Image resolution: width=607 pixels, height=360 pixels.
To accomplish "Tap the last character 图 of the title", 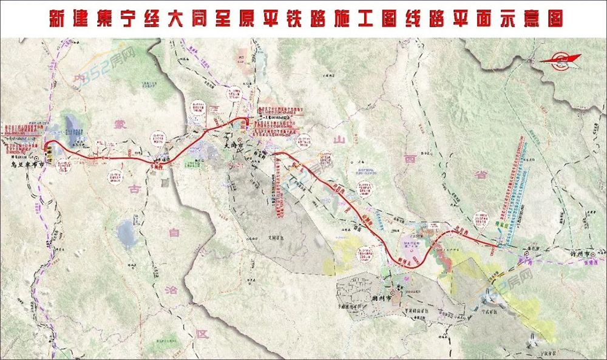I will (x=554, y=18).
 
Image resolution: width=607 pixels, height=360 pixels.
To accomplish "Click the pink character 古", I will (x=135, y=189).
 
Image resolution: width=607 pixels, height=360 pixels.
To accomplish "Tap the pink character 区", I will (x=201, y=333).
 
